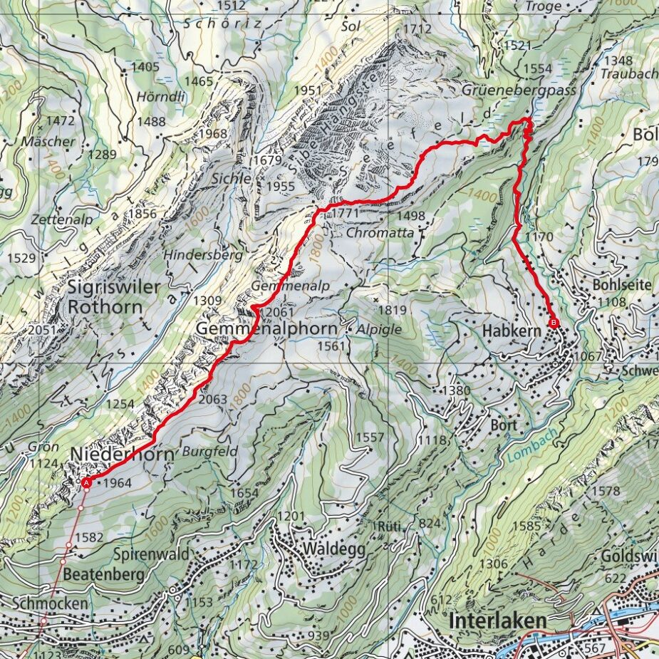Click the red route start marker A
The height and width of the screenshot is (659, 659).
point(86,483)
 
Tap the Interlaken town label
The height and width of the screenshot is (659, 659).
point(498,620)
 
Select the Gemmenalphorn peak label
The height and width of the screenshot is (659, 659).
point(266,330)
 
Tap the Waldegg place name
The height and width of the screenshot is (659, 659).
point(333,549)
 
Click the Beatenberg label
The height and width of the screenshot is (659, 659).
point(103,574)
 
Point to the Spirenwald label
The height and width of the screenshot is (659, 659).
point(150,554)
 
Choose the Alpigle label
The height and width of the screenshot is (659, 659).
point(380,330)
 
